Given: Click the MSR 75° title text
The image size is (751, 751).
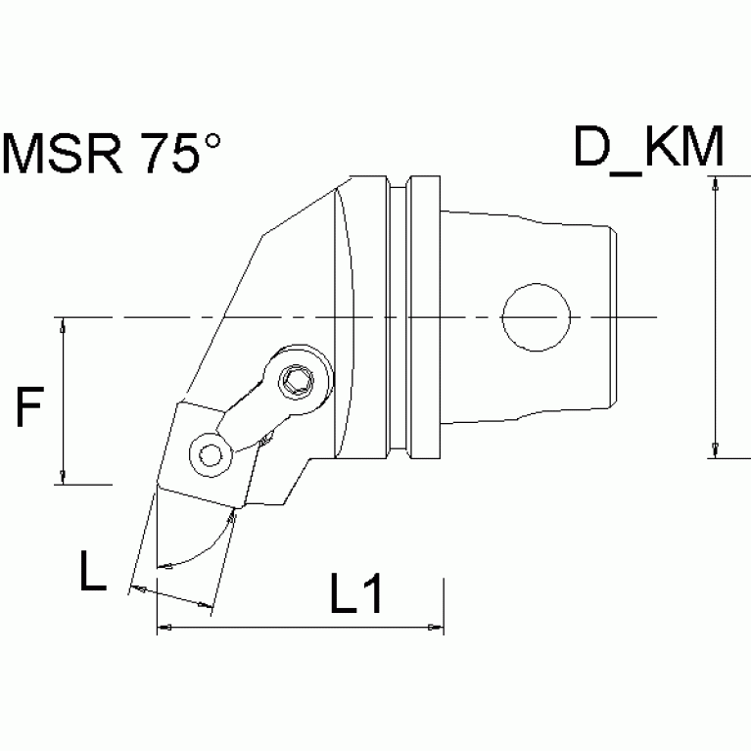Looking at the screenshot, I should (113, 153).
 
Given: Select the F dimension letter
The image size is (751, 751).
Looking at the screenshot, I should (31, 408).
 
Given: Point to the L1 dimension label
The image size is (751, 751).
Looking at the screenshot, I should (355, 595).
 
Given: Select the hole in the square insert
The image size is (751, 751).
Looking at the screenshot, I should (209, 452).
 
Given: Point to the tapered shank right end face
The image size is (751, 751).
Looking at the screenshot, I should (615, 317).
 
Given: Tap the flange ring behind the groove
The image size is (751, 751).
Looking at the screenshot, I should (423, 317).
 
